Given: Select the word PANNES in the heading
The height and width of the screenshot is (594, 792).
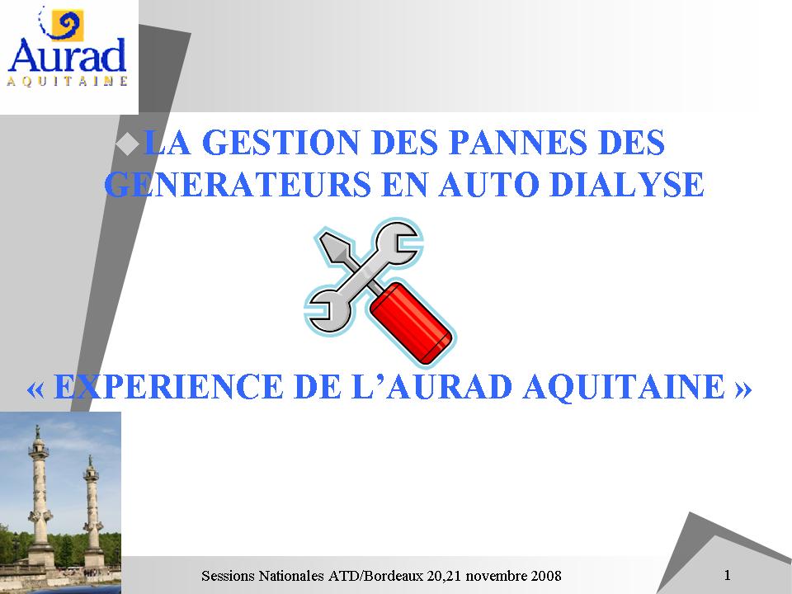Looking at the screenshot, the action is pos(518,142).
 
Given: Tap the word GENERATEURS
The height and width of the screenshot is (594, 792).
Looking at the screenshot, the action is pos(238,184).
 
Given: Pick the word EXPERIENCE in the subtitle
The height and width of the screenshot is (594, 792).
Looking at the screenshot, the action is pos(167,387).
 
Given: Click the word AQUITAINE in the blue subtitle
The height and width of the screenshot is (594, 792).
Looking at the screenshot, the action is pos(624,387).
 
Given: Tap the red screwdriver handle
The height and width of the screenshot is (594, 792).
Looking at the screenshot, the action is pos(411,323).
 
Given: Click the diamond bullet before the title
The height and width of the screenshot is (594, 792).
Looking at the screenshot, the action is pos(127,143).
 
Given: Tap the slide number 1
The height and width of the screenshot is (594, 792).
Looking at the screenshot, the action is pos(728,575).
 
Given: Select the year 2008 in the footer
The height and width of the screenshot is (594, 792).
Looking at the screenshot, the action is pos(545,576).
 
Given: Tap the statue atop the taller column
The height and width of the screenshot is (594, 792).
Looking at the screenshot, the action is pos(37,431).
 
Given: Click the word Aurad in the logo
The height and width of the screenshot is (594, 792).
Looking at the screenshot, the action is pos(67,55).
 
